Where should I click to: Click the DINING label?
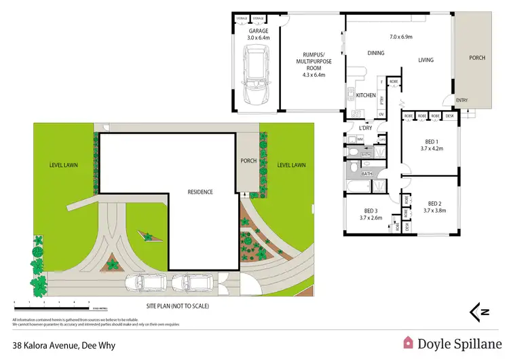point(375,53)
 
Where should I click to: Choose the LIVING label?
point(426,60)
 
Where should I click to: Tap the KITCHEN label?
point(366,96)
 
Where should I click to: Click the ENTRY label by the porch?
point(462,101)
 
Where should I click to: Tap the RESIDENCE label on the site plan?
point(201,192)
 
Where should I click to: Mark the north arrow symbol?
point(480,311)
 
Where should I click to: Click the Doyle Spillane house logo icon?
point(409,343)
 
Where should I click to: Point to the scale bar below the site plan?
point(52,300)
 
